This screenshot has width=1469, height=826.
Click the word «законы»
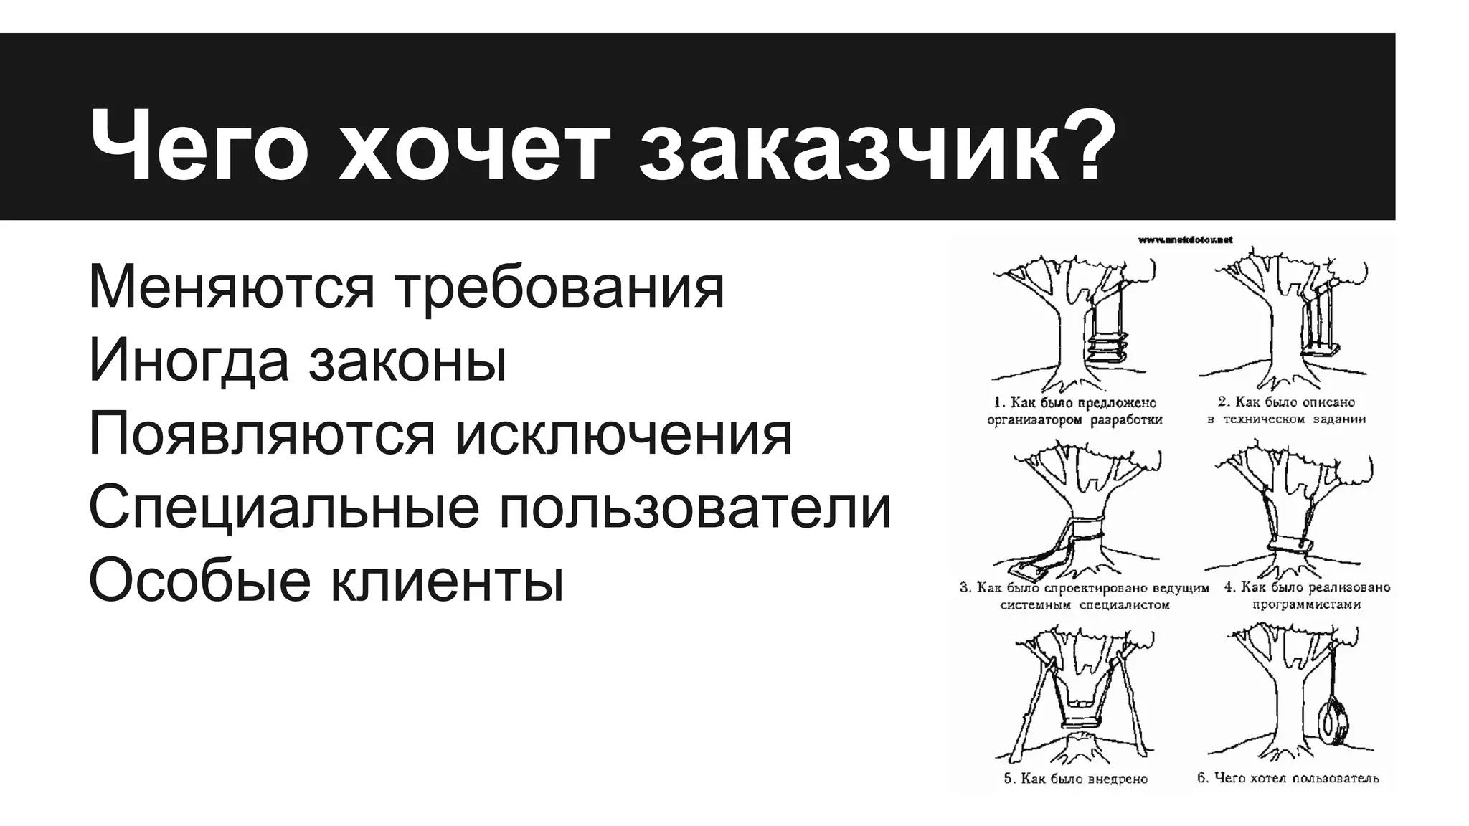click(x=408, y=363)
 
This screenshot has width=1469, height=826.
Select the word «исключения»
click(x=624, y=435)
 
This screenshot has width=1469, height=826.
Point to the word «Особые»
click(x=198, y=580)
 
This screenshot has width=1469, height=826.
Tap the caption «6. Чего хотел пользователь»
click(x=1288, y=778)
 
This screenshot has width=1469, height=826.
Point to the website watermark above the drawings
click(x=1185, y=240)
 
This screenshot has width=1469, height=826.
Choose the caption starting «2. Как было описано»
click(x=1286, y=411)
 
